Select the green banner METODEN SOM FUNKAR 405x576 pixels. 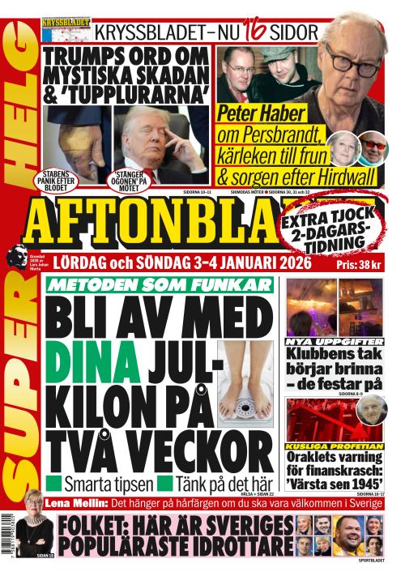(159, 284)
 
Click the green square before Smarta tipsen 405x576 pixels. (55, 484)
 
